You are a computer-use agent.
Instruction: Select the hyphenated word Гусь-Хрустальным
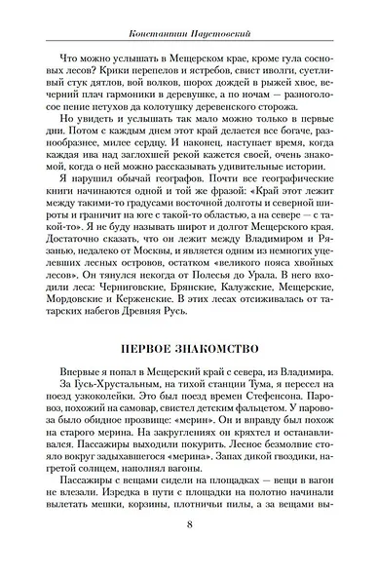(92, 387)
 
